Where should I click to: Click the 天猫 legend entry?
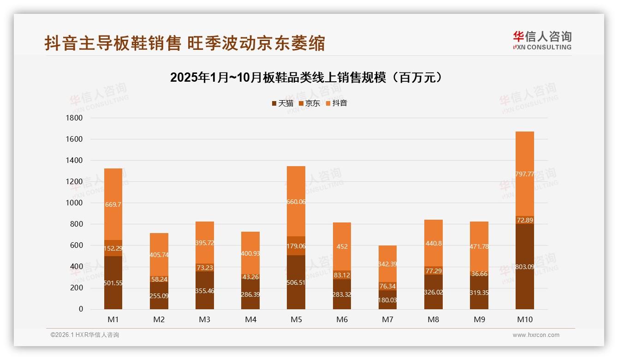click(282, 103)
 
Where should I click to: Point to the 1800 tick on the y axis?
click(74, 118)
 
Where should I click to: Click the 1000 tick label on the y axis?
click(74, 203)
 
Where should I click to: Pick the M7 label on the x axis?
click(387, 319)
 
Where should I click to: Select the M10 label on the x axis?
click(524, 319)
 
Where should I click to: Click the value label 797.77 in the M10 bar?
click(525, 174)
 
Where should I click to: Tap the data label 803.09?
click(525, 267)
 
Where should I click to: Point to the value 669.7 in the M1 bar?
click(113, 204)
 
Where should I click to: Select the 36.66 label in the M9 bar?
click(479, 274)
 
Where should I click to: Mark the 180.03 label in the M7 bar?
click(387, 300)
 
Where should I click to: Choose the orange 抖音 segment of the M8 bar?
click(434, 231)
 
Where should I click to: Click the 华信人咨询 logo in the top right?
click(542, 40)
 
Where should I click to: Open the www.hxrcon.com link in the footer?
click(536, 335)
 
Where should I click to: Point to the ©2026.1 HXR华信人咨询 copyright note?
click(85, 335)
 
